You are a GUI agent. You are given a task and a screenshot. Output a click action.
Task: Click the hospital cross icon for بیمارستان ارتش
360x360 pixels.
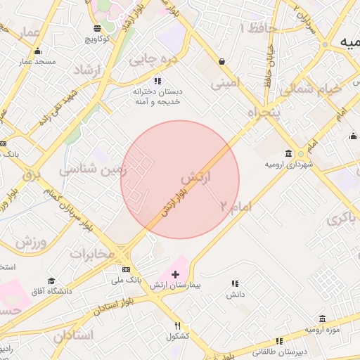[175, 274]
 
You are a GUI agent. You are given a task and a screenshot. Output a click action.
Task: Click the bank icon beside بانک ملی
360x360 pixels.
[126, 269]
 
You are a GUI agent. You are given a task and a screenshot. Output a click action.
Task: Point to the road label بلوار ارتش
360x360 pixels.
[174, 201]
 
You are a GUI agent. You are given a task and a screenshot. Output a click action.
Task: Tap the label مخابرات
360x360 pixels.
[91, 253]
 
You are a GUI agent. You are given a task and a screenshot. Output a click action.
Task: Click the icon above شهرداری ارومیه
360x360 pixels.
[289, 153]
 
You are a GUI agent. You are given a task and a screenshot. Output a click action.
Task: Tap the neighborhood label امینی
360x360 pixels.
[226, 82]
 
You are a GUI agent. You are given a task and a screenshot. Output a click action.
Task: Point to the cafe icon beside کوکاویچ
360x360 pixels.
[97, 29]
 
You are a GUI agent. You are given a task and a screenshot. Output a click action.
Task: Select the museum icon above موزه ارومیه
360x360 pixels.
[322, 318]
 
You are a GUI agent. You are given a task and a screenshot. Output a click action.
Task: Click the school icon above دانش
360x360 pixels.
[235, 283]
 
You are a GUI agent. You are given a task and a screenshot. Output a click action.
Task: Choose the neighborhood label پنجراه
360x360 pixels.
[264, 111]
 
